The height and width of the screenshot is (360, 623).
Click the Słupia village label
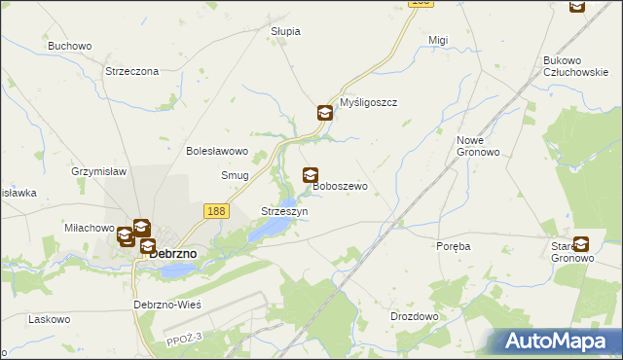285,31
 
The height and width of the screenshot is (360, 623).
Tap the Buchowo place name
69,46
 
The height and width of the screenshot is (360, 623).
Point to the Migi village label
438,40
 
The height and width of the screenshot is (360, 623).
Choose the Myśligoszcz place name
369,102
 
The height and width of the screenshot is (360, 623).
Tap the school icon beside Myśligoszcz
324,113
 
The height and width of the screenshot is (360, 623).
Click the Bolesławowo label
218,151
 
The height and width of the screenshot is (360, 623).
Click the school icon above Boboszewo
311,175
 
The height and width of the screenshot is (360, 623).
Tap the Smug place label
235,175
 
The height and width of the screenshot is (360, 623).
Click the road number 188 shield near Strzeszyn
216,210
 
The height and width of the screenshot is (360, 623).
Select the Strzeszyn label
285,211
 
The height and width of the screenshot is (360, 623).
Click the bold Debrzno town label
172,253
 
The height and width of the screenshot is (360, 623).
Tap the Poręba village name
454,246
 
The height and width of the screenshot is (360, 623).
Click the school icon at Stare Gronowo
581,244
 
